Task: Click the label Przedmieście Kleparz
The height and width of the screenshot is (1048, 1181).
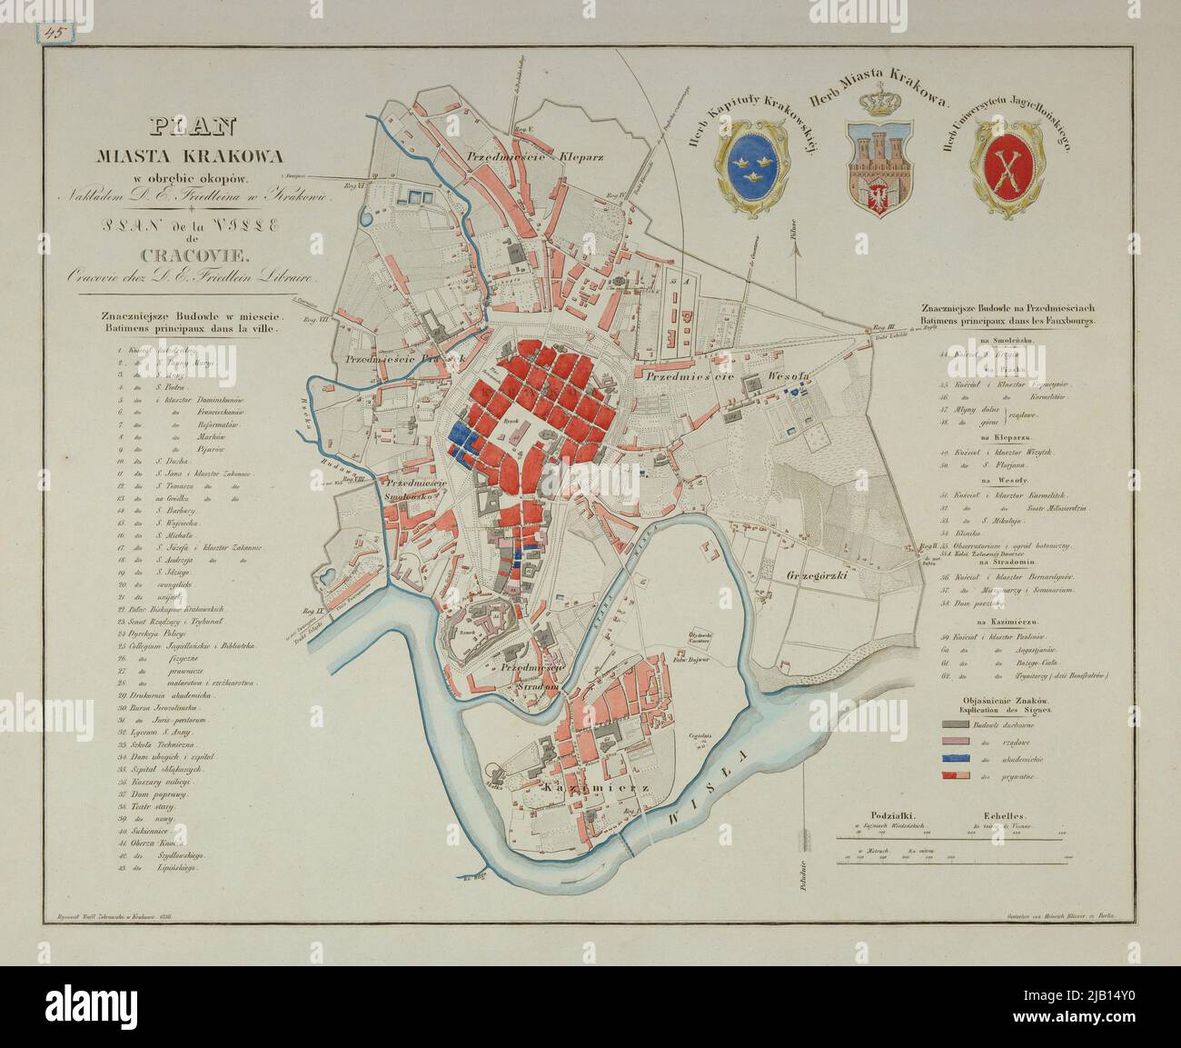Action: (535, 156)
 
